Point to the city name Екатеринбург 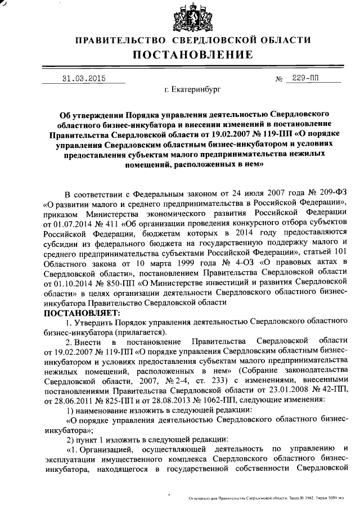190,89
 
